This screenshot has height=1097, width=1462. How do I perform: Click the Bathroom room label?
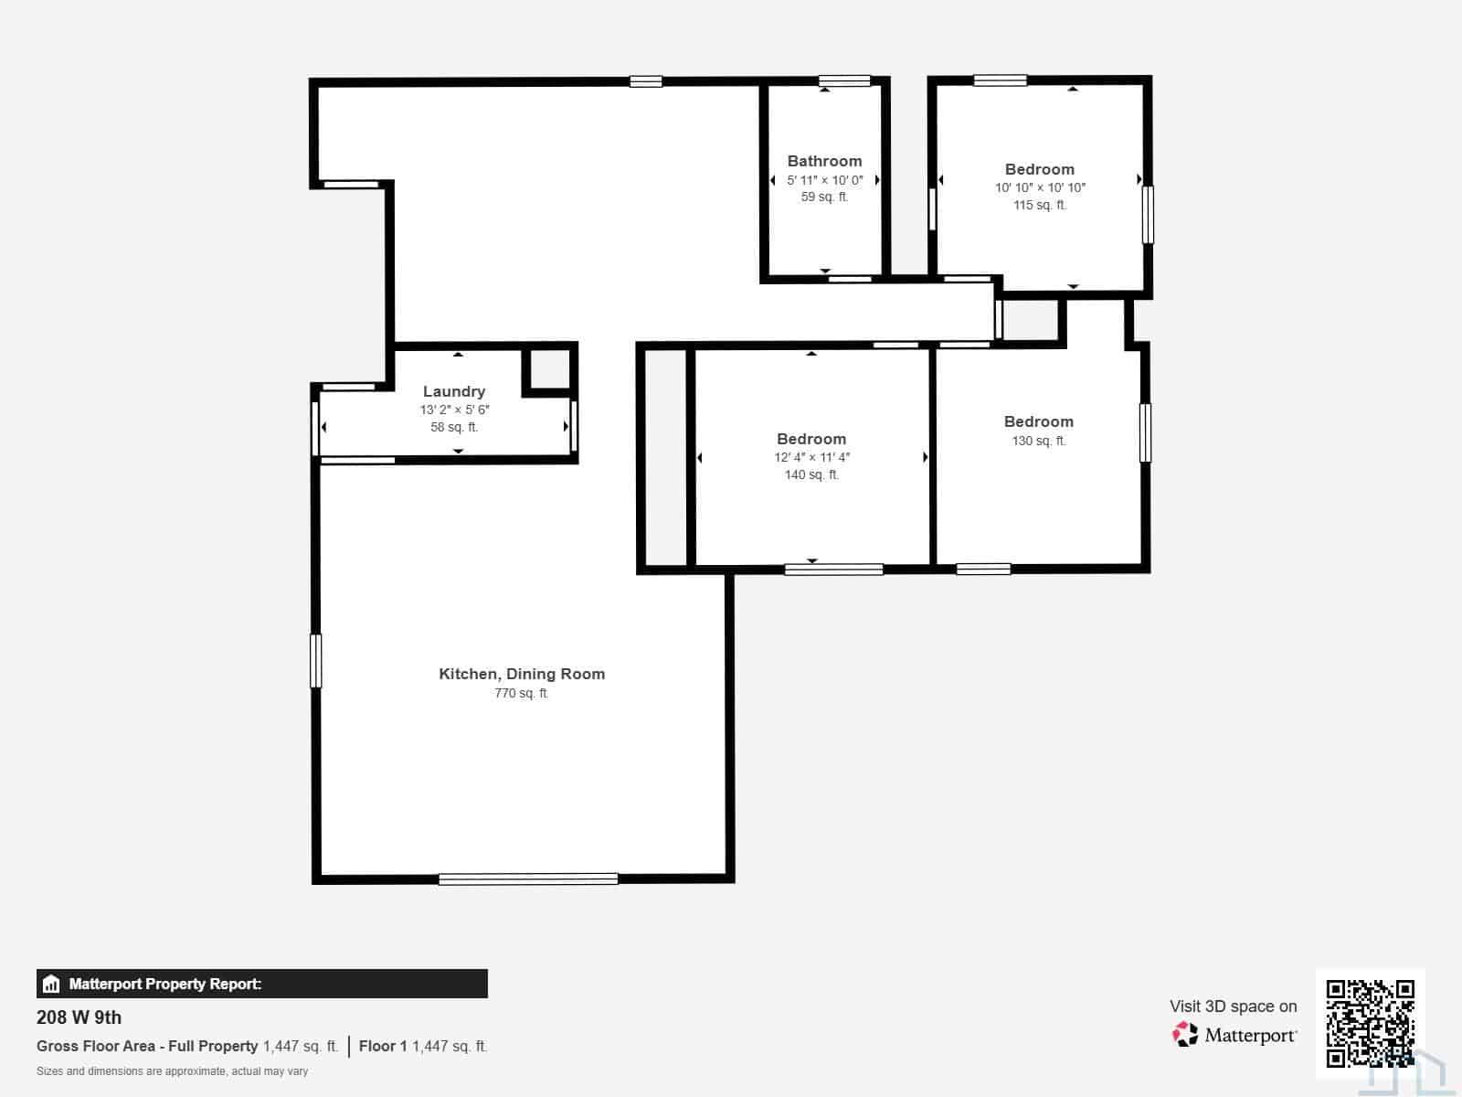tap(824, 161)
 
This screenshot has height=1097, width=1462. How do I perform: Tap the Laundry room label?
tap(454, 391)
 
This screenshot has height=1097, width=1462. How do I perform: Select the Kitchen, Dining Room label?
tap(522, 674)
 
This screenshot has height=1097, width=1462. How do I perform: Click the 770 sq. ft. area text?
tap(522, 693)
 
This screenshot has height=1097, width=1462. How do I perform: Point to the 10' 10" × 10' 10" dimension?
tap(1040, 187)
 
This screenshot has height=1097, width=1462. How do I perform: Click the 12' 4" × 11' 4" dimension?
tap(811, 458)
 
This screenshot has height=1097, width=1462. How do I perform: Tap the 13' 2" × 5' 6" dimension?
tap(454, 410)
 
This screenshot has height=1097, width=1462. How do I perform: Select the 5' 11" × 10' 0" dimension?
tap(824, 180)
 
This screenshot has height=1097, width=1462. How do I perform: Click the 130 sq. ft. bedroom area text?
tap(1039, 441)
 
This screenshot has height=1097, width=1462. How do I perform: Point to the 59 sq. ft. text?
tap(824, 197)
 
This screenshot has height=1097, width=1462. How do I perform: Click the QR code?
tap(1370, 1023)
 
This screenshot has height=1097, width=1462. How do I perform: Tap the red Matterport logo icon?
tap(1185, 1035)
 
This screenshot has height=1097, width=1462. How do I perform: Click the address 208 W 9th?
tap(79, 1017)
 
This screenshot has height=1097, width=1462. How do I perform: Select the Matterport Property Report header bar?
tap(261, 984)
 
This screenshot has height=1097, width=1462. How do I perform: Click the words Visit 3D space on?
tap(1233, 1006)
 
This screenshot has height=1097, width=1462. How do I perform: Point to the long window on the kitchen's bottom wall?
tap(528, 879)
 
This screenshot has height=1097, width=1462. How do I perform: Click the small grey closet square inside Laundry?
tap(550, 369)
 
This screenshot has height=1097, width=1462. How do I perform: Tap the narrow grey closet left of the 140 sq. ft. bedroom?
tap(665, 458)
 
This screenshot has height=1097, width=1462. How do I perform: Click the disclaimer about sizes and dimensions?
tap(172, 1071)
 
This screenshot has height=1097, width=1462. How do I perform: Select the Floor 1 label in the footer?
tap(383, 1047)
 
